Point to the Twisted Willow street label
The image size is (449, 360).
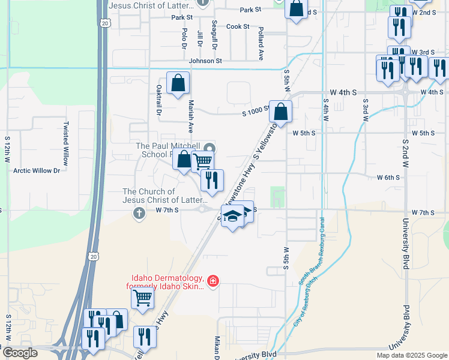point(65,144)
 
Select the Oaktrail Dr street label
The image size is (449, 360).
point(159,99)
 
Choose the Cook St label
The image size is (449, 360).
point(238,26)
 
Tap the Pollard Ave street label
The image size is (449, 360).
point(261,43)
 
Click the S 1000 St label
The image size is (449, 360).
point(255,112)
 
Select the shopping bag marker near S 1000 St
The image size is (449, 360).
point(280,112)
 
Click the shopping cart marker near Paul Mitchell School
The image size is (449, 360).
point(203,161)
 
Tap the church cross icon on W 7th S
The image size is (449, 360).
point(139,213)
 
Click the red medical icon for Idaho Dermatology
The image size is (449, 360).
point(212,280)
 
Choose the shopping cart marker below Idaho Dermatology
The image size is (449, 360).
point(143,297)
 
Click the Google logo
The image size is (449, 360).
point(19,353)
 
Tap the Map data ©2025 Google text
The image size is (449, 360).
point(411,355)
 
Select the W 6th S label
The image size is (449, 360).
point(388,178)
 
